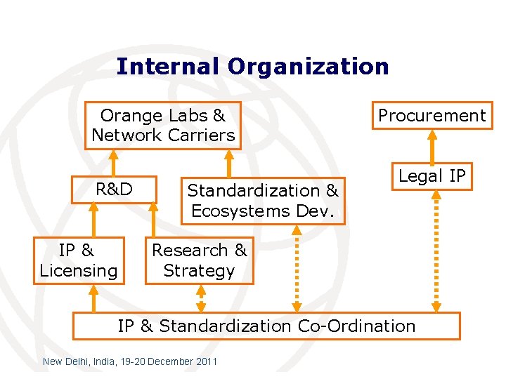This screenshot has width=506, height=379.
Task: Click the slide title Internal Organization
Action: click(x=252, y=67)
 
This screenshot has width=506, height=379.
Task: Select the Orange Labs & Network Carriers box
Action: click(x=163, y=126)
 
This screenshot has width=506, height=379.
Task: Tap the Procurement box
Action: click(x=432, y=116)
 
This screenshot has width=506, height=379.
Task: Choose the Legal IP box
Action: click(x=432, y=176)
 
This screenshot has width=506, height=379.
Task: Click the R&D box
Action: click(x=115, y=189)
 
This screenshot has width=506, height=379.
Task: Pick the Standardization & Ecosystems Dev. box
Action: click(x=263, y=201)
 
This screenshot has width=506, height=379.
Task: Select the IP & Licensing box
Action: click(x=79, y=260)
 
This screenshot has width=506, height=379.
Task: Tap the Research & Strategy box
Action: click(x=200, y=260)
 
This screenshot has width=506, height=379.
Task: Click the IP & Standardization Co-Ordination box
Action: click(x=266, y=326)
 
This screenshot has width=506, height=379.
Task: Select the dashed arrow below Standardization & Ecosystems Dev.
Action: click(x=297, y=267)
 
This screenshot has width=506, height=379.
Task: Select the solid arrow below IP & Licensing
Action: click(x=93, y=298)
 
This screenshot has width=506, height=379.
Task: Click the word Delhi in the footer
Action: click(x=79, y=361)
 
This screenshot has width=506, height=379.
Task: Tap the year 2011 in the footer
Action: click(x=205, y=361)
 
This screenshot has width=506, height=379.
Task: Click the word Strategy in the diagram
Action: click(x=199, y=271)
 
